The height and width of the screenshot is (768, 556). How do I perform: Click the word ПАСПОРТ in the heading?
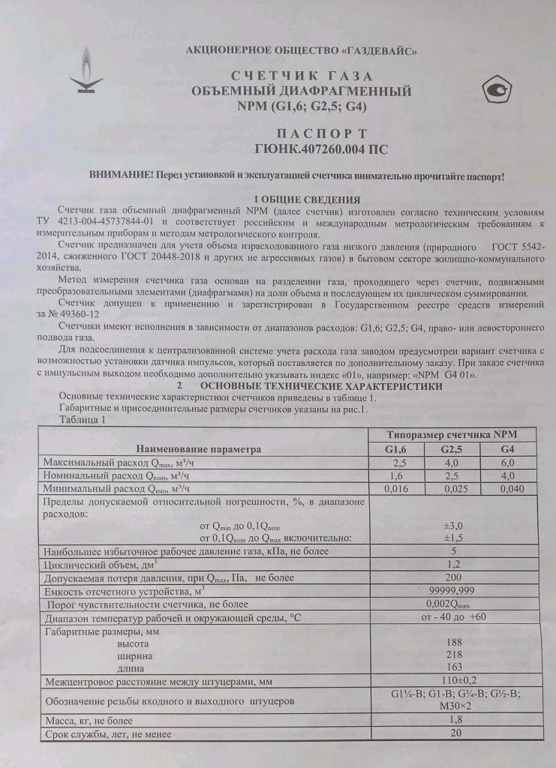(302, 132)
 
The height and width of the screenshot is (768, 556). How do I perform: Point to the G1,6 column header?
(388, 448)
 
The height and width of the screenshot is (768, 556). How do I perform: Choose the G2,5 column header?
(450, 448)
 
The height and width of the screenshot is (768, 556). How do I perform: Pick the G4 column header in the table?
(506, 448)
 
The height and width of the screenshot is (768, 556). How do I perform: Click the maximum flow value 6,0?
(506, 462)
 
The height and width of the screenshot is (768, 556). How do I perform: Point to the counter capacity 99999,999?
(452, 590)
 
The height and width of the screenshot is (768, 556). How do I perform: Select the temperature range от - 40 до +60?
(453, 616)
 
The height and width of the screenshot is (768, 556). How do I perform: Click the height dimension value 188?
(453, 643)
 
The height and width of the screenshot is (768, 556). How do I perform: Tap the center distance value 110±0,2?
(453, 681)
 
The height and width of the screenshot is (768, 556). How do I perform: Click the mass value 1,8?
(453, 719)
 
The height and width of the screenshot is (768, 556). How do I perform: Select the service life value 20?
(453, 733)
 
